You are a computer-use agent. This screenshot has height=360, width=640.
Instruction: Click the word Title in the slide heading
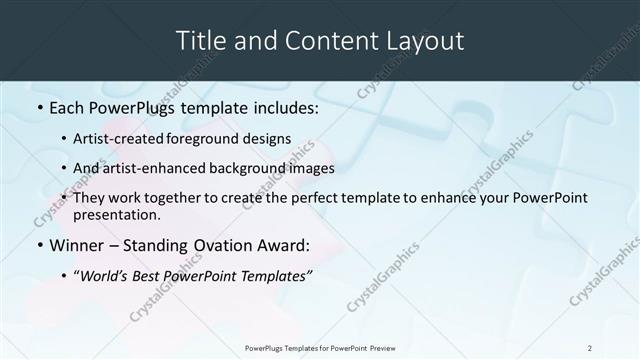(200, 41)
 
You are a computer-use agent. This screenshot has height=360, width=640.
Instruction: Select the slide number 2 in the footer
(590, 348)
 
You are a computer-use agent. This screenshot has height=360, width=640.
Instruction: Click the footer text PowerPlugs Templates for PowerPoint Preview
(320, 348)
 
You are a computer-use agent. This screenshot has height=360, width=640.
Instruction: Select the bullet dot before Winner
(38, 244)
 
